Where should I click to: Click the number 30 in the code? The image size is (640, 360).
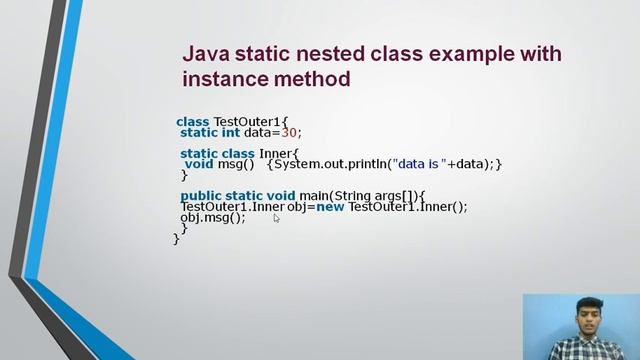pyautogui.click(x=290, y=132)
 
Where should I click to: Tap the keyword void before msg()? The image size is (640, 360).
pyautogui.click(x=199, y=164)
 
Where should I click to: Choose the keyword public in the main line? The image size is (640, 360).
pyautogui.click(x=200, y=196)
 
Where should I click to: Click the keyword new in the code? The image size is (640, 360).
pyautogui.click(x=331, y=207)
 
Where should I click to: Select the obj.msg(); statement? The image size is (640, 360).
pyautogui.click(x=212, y=217)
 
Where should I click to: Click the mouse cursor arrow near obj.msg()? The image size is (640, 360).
pyautogui.click(x=277, y=217)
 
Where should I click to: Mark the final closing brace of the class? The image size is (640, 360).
pyautogui.click(x=177, y=239)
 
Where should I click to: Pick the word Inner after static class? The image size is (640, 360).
pyautogui.click(x=276, y=153)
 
